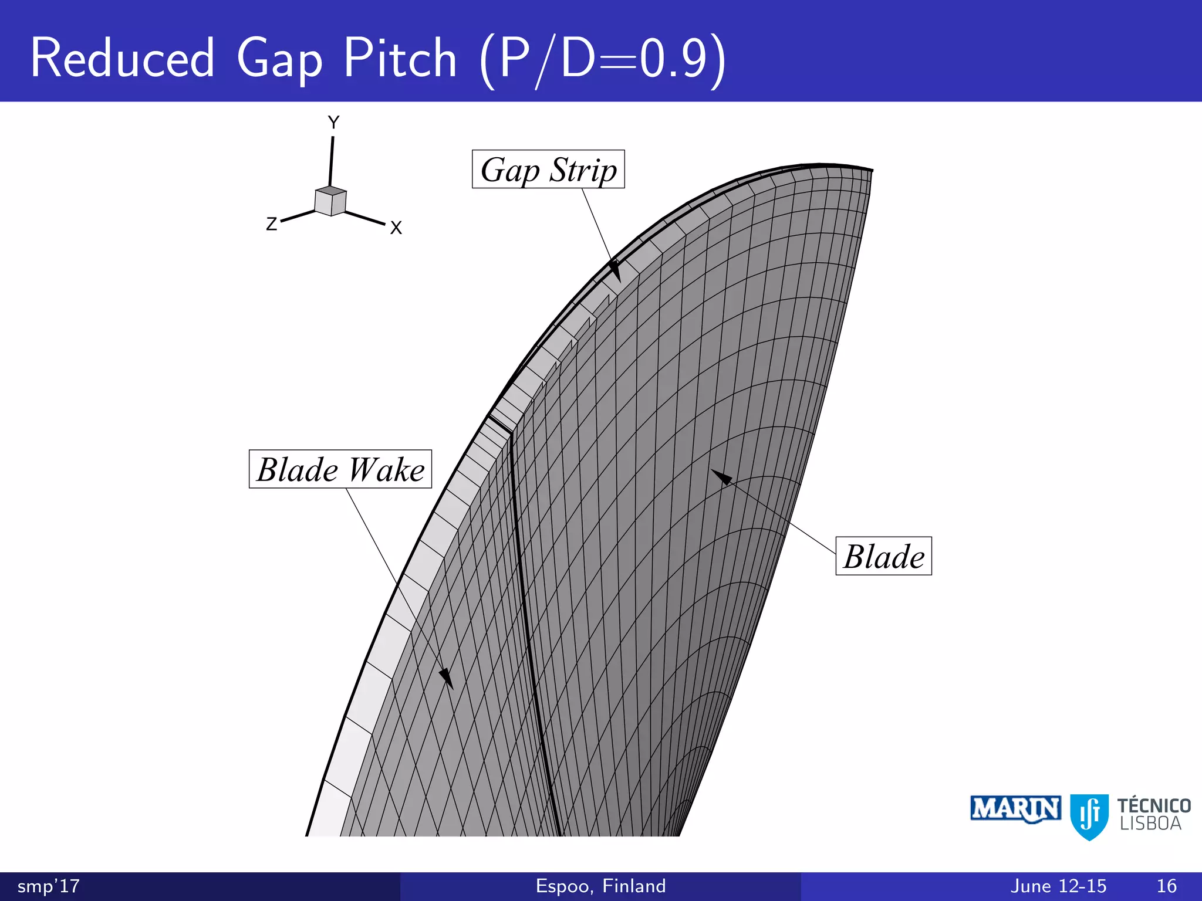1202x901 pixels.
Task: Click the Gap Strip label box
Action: click(x=548, y=170)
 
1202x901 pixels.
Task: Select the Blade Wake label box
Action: click(x=340, y=469)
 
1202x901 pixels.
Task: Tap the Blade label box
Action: click(x=883, y=556)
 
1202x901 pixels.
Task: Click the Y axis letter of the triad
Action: click(x=333, y=123)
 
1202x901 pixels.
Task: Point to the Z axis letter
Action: click(x=271, y=224)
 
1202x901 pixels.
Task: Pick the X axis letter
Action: click(x=396, y=228)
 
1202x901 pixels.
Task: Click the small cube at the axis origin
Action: click(x=330, y=201)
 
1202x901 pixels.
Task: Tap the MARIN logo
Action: click(x=1015, y=809)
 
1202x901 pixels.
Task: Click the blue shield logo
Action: click(x=1089, y=817)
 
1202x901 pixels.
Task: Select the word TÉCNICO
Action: click(x=1154, y=806)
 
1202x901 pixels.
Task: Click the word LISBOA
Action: click(x=1150, y=824)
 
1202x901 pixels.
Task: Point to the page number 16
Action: click(x=1167, y=886)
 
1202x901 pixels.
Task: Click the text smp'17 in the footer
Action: click(x=49, y=886)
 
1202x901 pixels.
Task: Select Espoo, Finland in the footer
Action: click(x=600, y=886)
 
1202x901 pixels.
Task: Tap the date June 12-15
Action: click(x=1058, y=886)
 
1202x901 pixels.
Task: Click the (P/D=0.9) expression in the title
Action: click(x=603, y=60)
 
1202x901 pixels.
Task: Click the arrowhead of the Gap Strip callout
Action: click(x=614, y=270)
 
